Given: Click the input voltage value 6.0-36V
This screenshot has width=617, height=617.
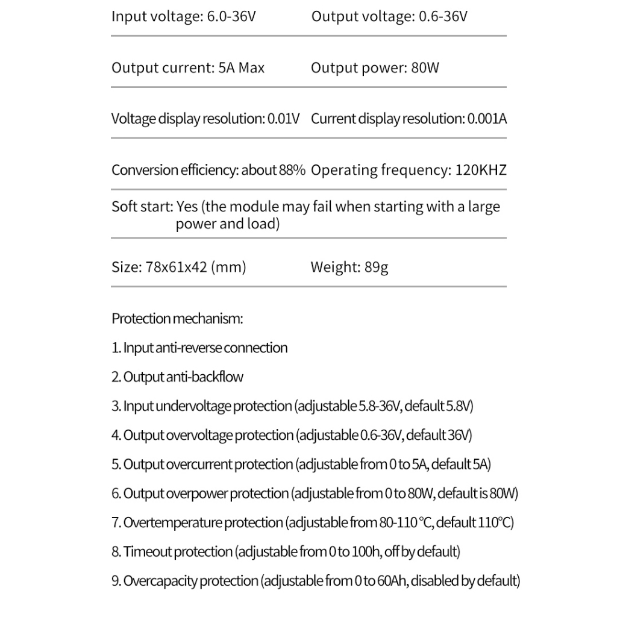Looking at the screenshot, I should pyautogui.click(x=231, y=16).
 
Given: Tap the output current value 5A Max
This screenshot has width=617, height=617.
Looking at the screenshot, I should pyautogui.click(x=240, y=67).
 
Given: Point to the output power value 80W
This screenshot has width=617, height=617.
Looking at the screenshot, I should pyautogui.click(x=425, y=67).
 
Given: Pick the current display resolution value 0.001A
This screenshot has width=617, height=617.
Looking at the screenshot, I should pyautogui.click(x=487, y=119).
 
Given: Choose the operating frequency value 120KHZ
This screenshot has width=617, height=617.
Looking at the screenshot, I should pyautogui.click(x=481, y=170).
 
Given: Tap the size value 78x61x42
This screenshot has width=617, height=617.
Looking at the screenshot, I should pyautogui.click(x=177, y=266).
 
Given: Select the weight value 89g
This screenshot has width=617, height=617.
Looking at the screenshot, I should pyautogui.click(x=376, y=266).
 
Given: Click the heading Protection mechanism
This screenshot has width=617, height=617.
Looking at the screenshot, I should pyautogui.click(x=177, y=319).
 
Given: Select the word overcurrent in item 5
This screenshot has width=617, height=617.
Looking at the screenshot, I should pyautogui.click(x=199, y=465).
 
